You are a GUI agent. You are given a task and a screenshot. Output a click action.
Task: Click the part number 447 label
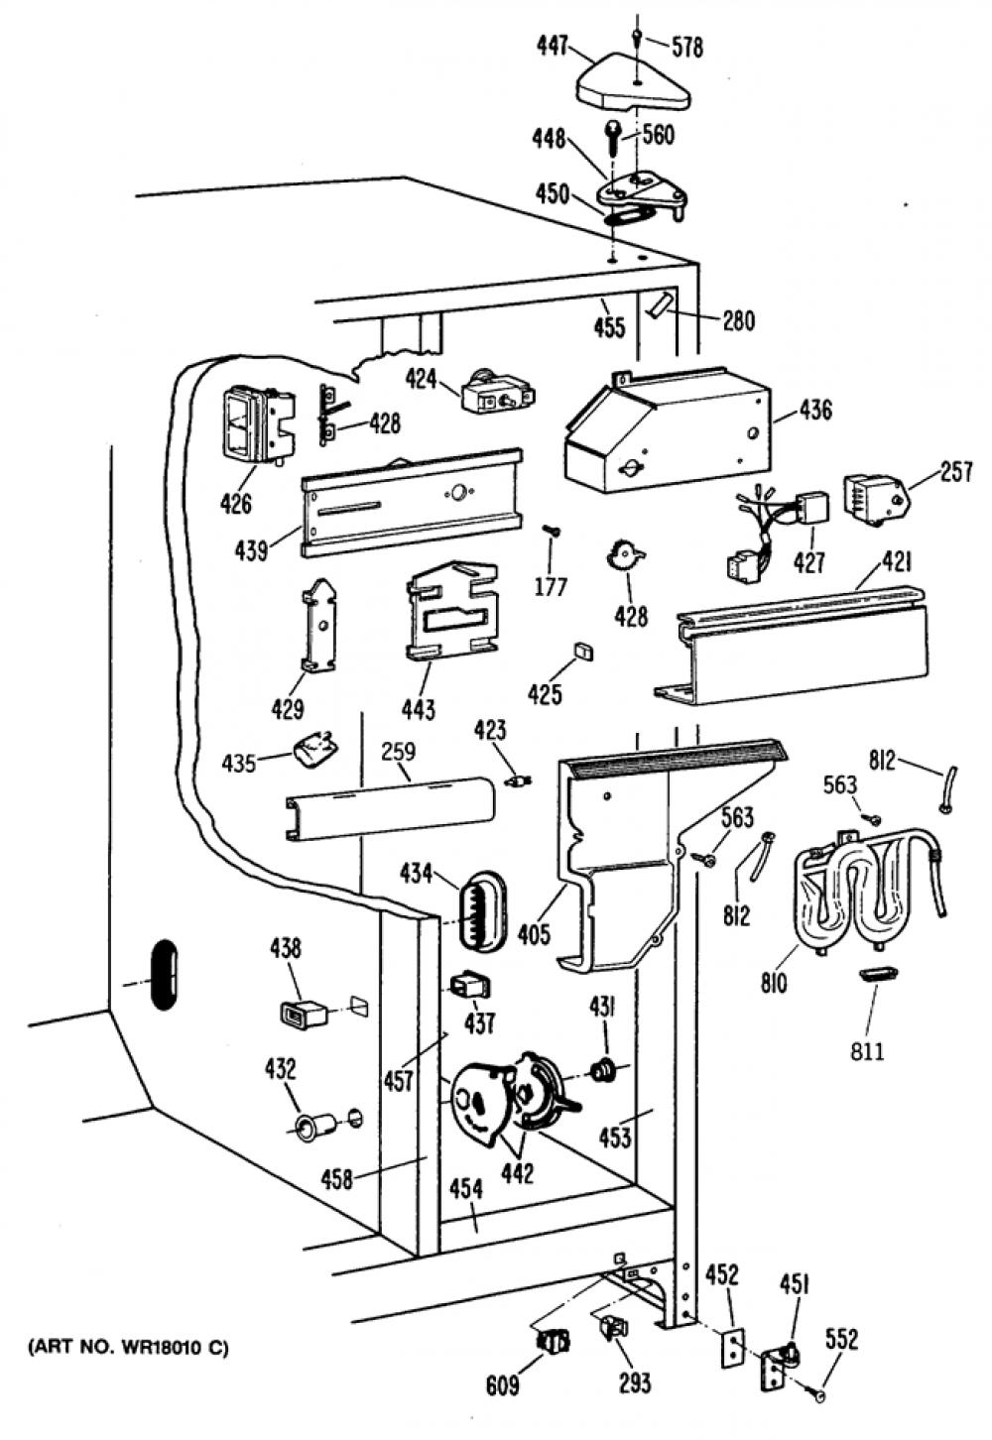(553, 47)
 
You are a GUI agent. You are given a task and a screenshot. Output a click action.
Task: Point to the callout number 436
(815, 411)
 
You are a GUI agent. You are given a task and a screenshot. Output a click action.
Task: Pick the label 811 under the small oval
(867, 1051)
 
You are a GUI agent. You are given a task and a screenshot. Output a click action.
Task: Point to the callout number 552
(841, 1340)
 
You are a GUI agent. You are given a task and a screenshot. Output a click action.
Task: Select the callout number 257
(956, 472)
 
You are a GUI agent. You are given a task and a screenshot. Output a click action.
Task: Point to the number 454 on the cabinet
(466, 1189)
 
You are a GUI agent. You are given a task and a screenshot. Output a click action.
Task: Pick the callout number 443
(419, 709)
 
